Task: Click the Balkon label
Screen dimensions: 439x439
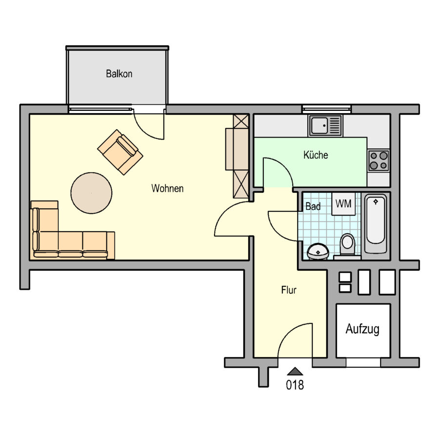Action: [x=119, y=74]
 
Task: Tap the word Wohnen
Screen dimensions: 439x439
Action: [x=167, y=188]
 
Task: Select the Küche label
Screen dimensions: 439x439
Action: [x=316, y=155]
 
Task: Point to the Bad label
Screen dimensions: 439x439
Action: [x=313, y=206]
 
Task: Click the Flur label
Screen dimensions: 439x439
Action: [x=289, y=290]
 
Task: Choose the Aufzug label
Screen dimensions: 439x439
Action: [x=362, y=329]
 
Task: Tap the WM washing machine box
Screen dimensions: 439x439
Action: [x=343, y=204]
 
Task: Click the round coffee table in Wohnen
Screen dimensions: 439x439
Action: [x=91, y=193]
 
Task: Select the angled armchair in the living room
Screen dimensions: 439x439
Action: [x=120, y=152]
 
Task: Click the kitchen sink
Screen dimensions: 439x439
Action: [x=325, y=125]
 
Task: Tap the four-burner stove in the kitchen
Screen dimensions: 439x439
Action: [x=379, y=160]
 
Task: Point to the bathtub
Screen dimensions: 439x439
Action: [x=376, y=224]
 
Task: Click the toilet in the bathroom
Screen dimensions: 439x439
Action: [x=347, y=245]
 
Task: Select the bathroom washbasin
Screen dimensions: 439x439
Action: [x=318, y=251]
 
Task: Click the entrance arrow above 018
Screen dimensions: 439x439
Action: [x=295, y=371]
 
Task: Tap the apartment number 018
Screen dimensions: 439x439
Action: [x=295, y=385]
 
